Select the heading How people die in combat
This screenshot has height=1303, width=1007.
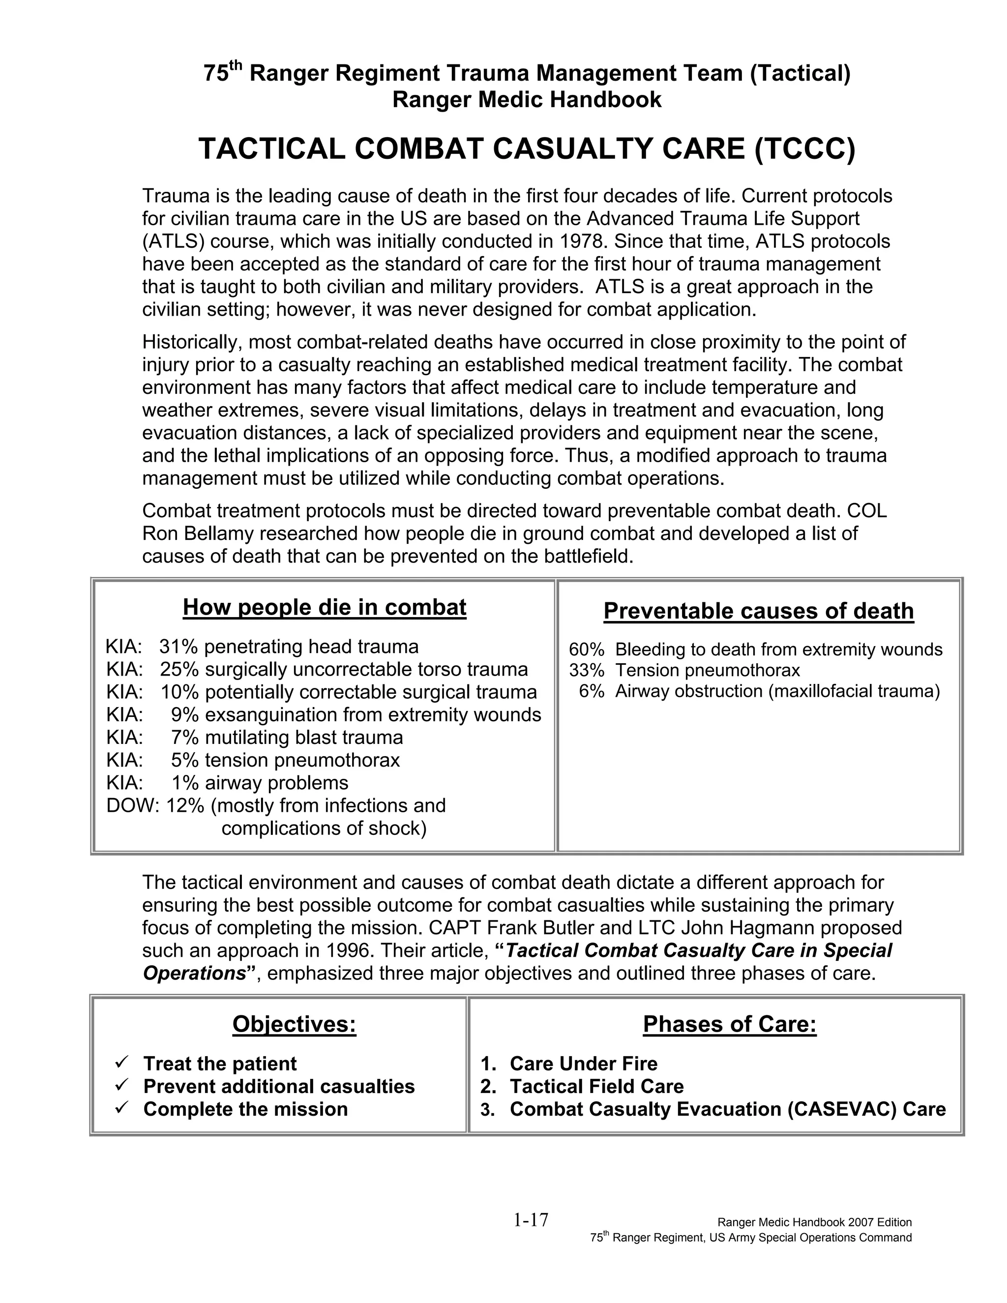coord(324,607)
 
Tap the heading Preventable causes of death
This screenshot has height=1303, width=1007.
coord(758,611)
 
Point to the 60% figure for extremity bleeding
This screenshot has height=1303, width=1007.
coord(587,650)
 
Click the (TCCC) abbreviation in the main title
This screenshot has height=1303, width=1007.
coord(804,148)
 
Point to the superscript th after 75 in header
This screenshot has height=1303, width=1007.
coord(236,65)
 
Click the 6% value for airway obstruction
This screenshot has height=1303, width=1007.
coord(591,691)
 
